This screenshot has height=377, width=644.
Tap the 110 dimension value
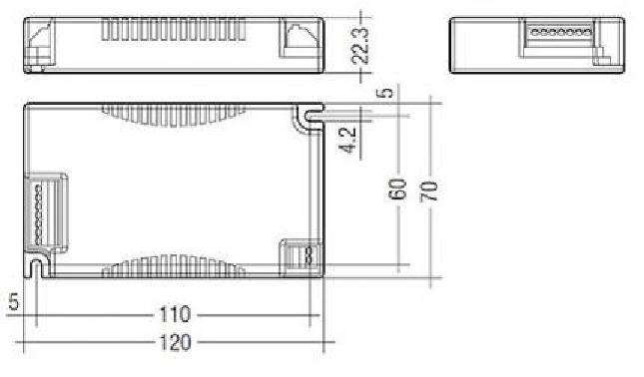pos(175,315)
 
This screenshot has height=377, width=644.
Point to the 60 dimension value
pos(396,188)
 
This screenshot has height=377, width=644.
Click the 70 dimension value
pos(428,188)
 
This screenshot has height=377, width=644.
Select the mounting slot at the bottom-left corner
pos(37,266)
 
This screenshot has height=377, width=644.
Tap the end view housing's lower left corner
pos(454,70)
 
